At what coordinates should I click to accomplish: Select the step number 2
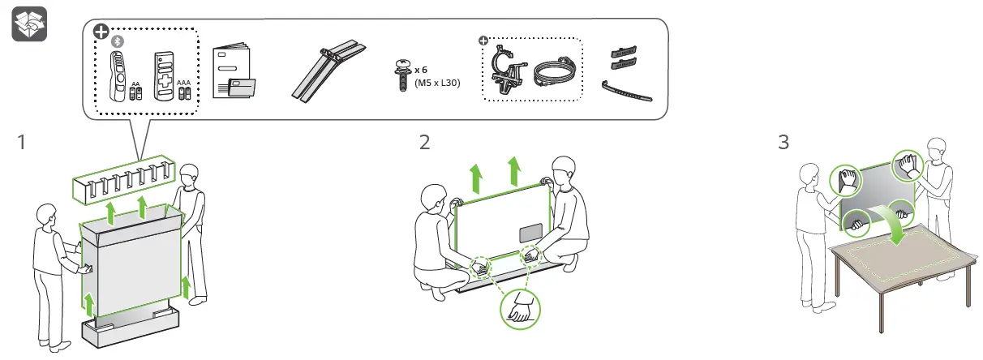click(425, 143)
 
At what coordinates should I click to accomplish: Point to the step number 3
click(783, 143)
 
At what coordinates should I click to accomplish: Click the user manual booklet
click(234, 74)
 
